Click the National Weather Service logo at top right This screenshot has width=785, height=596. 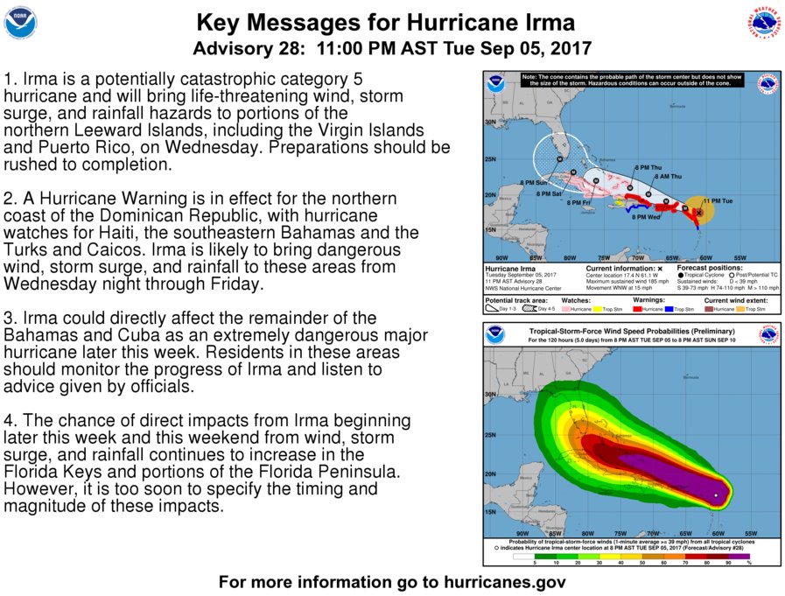pos(763,23)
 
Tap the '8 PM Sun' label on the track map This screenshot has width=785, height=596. pos(533,182)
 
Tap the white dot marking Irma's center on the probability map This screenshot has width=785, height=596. pos(717,495)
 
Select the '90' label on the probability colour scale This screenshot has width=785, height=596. pos(727,563)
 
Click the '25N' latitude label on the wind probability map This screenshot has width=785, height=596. pos(490,435)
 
